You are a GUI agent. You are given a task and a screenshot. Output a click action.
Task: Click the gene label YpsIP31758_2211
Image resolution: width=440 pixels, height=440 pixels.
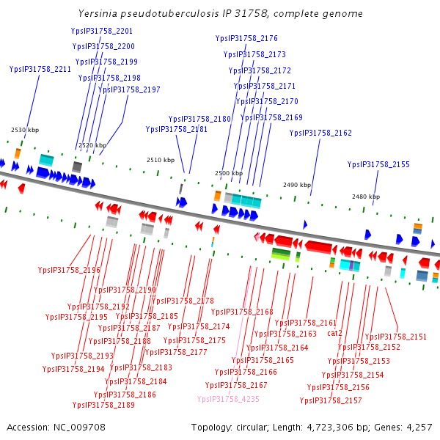click(40, 70)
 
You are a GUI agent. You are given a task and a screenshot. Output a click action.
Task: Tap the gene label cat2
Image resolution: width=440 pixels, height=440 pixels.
click(335, 333)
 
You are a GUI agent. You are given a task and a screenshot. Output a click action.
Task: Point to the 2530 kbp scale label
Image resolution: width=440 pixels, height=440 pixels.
click(23, 130)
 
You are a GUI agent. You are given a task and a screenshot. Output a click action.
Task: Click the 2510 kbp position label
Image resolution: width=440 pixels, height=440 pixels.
click(161, 160)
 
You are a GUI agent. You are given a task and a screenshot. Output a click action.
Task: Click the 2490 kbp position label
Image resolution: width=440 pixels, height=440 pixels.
click(297, 185)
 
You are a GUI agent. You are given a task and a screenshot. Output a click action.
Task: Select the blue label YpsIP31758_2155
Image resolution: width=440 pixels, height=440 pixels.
click(378, 165)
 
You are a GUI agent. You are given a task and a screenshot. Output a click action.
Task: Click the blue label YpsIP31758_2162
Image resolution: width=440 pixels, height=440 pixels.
click(320, 133)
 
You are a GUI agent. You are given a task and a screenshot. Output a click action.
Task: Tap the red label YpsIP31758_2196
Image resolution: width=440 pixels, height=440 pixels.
click(69, 270)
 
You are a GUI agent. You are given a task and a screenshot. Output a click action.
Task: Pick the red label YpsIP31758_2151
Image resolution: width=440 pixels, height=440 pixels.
click(396, 337)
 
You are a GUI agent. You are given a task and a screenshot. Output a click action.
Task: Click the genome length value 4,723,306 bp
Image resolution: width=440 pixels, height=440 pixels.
click(354, 427)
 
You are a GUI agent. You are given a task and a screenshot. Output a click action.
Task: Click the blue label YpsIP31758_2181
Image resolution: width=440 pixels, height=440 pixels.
click(176, 129)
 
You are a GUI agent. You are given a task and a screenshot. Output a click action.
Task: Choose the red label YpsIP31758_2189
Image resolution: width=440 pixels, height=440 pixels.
click(103, 405)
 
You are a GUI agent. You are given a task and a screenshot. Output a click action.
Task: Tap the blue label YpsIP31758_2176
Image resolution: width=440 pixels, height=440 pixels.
click(246, 38)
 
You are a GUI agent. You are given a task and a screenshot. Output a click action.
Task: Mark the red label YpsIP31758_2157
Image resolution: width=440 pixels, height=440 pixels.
click(331, 400)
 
